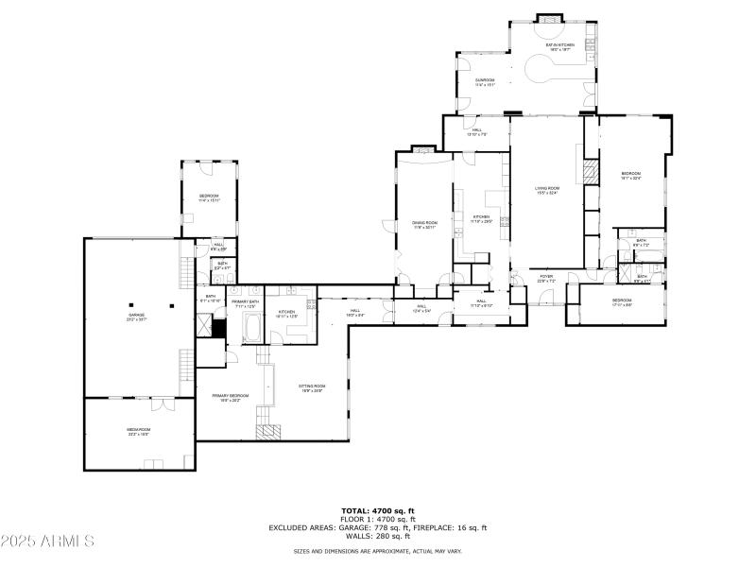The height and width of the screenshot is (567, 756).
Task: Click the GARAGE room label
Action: (138, 316)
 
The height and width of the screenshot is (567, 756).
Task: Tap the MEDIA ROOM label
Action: (139, 431)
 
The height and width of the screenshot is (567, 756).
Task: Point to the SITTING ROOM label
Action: (312, 387)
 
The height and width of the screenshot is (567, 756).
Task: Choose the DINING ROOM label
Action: (424, 224)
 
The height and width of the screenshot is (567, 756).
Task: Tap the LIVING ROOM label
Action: (547, 190)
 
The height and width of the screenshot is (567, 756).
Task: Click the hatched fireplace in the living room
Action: (591, 172)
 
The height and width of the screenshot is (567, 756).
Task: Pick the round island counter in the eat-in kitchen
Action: (546, 69)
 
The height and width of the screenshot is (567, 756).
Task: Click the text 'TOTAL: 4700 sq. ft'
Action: (378, 510)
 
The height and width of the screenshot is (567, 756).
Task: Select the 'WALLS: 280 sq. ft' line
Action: (378, 536)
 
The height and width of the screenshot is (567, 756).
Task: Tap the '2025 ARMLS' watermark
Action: (47, 541)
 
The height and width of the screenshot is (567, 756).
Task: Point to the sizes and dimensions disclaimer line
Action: (378, 551)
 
